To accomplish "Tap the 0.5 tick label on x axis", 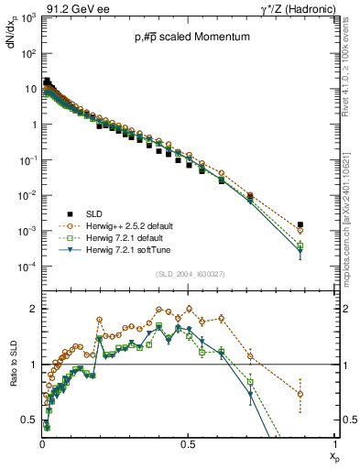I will [187, 442].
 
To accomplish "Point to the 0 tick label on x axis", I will [42, 442].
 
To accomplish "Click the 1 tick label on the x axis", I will [334, 442].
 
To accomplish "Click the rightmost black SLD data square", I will [300, 224].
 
